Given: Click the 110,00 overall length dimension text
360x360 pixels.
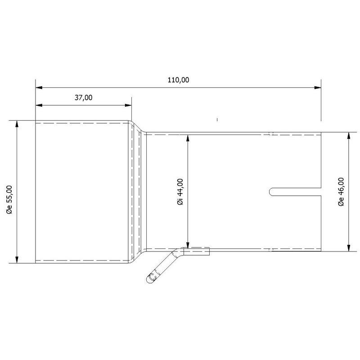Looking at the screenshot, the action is [178, 80].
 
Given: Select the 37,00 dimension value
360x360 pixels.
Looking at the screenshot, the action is [84, 98].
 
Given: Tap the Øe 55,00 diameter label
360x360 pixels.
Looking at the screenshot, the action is [9, 199].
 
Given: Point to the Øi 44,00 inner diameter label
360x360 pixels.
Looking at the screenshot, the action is [180, 192].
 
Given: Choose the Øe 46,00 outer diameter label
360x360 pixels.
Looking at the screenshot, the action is [341, 192].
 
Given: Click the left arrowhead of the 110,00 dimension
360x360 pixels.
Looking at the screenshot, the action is [39, 87].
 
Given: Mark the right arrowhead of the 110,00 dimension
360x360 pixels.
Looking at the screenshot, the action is [318, 87].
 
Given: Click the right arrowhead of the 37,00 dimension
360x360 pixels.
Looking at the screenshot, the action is [128, 105].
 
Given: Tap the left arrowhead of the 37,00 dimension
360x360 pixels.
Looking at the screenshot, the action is [39, 105].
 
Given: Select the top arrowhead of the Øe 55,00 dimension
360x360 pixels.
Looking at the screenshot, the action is [17, 124].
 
